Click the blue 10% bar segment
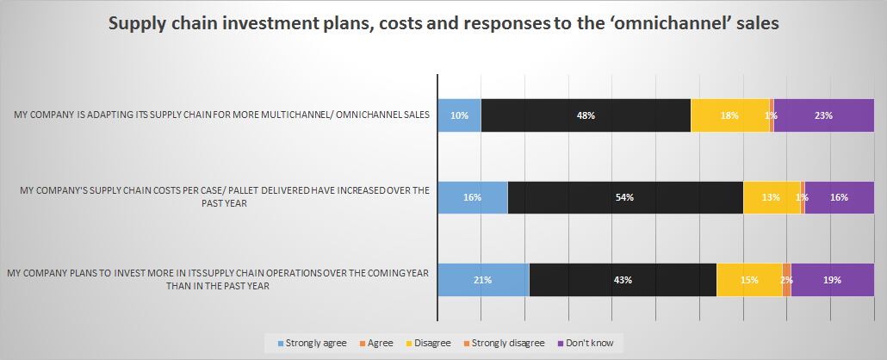point(459,115)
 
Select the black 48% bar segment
point(586,115)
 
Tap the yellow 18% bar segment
point(730,115)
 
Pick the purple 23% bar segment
point(824,115)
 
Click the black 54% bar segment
point(625,197)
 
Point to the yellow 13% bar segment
point(772,197)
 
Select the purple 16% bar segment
point(840,197)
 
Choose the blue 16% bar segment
point(472,197)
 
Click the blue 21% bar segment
point(483,279)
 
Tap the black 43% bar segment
point(623,279)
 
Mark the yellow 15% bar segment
point(749,279)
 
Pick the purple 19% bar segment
point(833,279)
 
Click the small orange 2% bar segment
point(787,279)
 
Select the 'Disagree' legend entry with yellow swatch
point(426,343)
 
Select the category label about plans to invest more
point(217,279)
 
